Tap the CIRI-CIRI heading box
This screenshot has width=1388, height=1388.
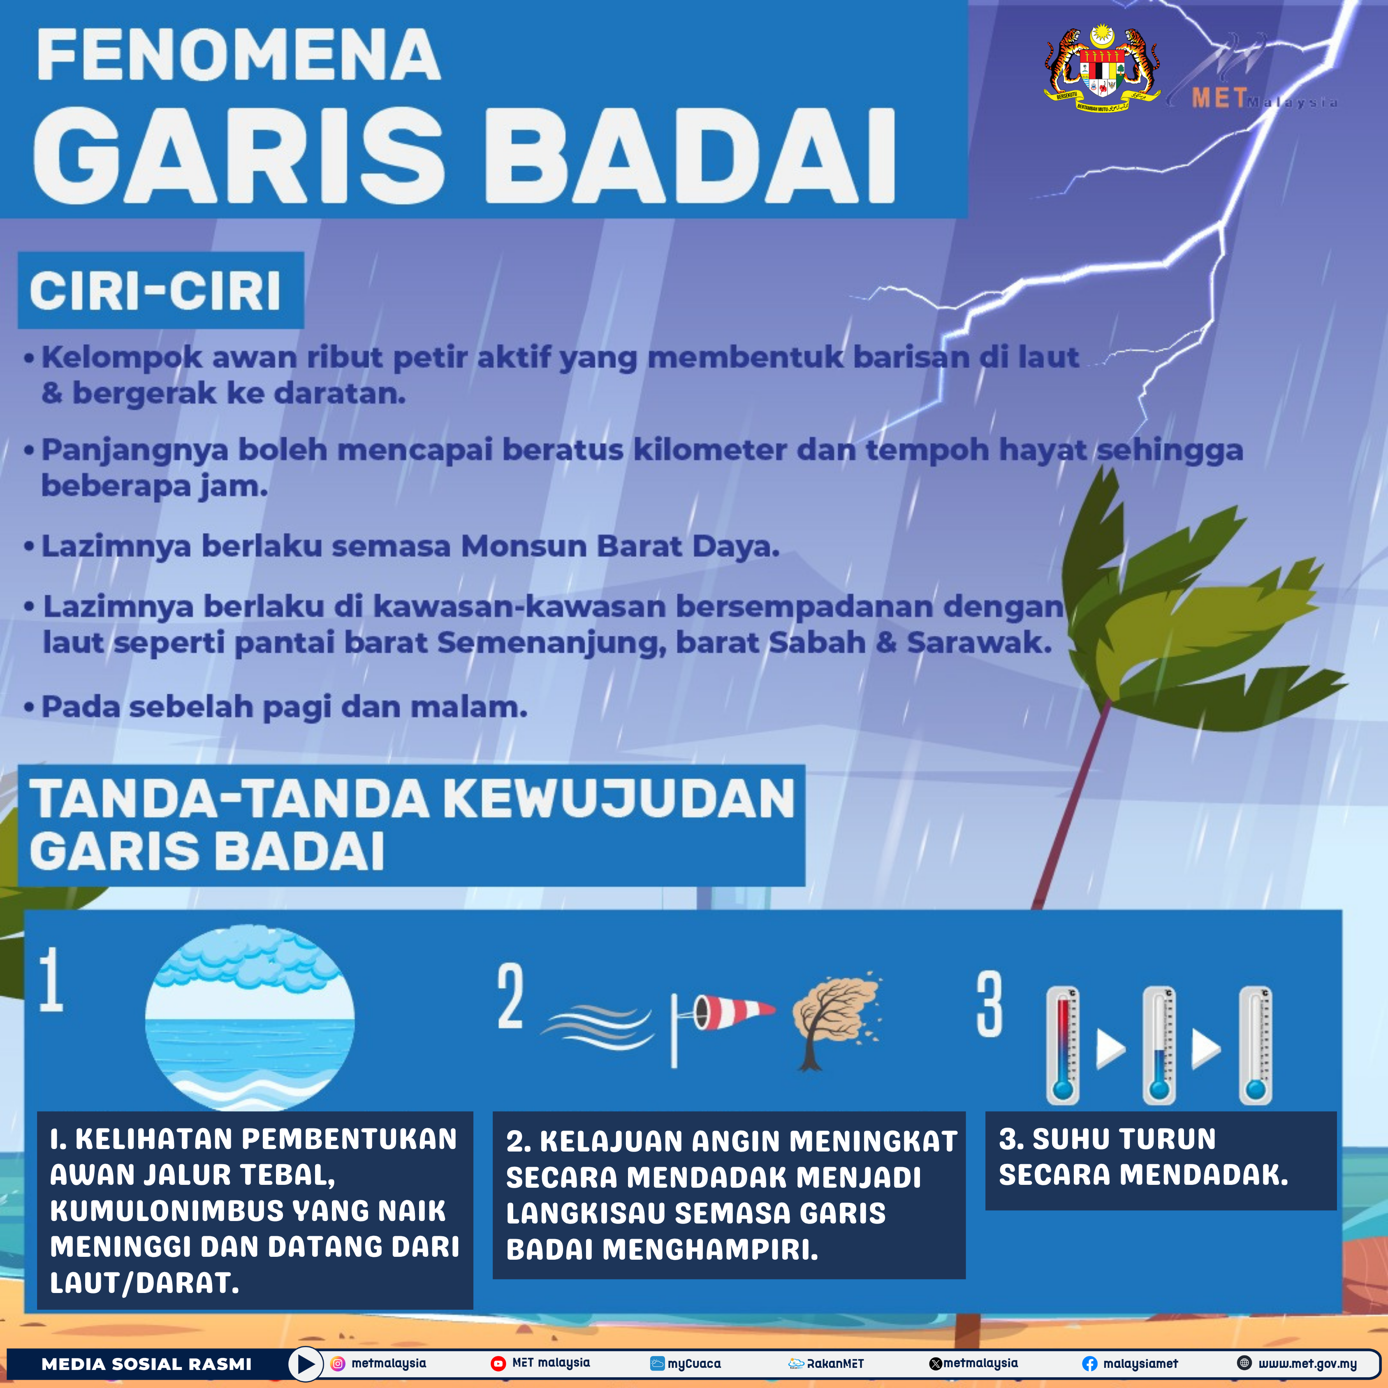(161, 290)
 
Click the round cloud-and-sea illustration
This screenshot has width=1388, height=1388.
(249, 1018)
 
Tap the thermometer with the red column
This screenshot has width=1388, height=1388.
(1063, 1045)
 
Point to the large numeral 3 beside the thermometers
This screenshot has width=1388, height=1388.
(989, 1004)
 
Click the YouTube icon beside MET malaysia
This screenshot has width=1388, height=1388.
(498, 1363)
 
